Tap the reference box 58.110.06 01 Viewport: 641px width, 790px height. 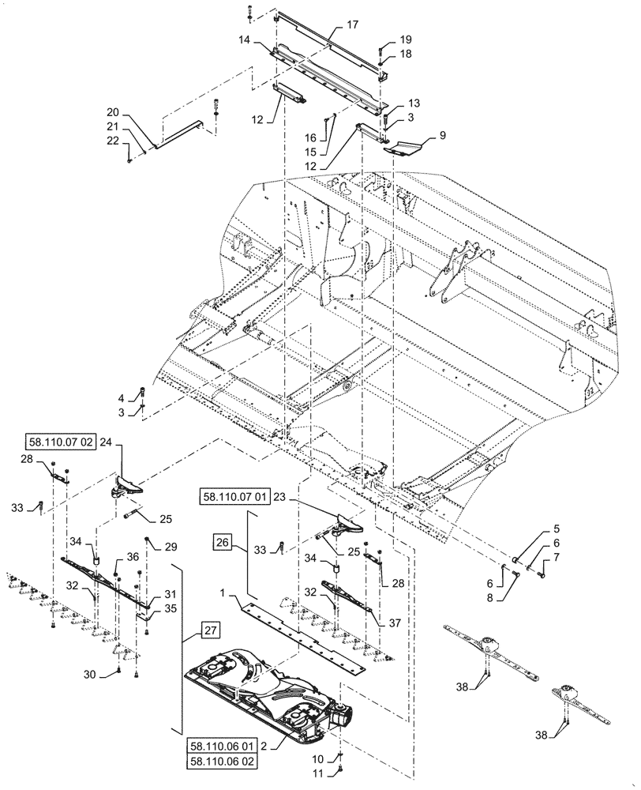pyautogui.click(x=223, y=745)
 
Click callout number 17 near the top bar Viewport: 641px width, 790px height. pyautogui.click(x=352, y=25)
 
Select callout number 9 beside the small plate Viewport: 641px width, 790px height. pyautogui.click(x=442, y=135)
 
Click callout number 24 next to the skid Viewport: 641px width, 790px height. pyautogui.click(x=106, y=444)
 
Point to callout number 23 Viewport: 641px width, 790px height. pyautogui.click(x=276, y=497)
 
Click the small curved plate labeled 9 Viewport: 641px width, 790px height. pyautogui.click(x=407, y=145)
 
